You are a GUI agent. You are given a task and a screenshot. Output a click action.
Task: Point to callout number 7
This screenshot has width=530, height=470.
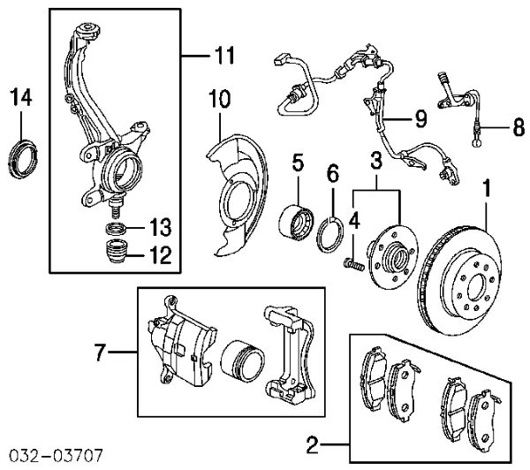102,354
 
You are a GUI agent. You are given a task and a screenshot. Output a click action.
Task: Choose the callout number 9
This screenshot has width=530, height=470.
421,116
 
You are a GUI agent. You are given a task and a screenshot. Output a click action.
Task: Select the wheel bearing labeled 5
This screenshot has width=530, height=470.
296,220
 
